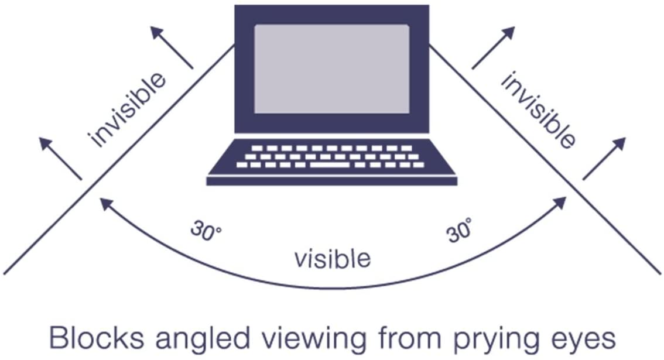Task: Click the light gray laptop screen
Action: (331, 68)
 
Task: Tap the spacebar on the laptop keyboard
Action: (330, 164)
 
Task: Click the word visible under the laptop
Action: (333, 258)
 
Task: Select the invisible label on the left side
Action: (127, 110)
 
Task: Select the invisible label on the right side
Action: (538, 110)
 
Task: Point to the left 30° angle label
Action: (206, 231)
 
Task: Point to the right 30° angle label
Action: (459, 229)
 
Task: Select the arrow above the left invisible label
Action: (172, 47)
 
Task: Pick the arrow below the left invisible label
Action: (60, 159)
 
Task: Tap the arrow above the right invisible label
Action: (494, 47)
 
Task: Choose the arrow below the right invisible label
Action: (604, 159)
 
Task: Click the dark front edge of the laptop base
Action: (331, 181)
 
